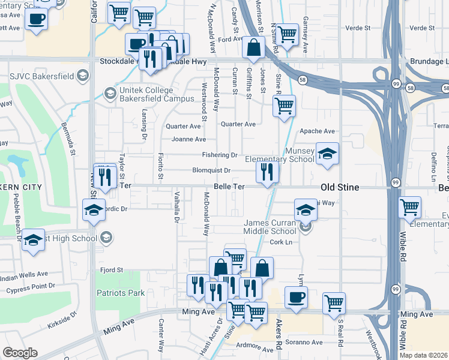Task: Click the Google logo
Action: (20, 352)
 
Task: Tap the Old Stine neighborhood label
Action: (340, 188)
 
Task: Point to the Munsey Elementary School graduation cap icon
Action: (327, 154)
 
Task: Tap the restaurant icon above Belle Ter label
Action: (267, 172)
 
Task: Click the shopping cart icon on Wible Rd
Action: (409, 208)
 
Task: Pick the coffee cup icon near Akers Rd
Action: (295, 296)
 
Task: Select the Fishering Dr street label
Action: (220, 155)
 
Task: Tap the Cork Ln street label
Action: (280, 242)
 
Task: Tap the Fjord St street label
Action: (111, 270)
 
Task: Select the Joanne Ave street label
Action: (189, 139)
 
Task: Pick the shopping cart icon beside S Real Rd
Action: (334, 303)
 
